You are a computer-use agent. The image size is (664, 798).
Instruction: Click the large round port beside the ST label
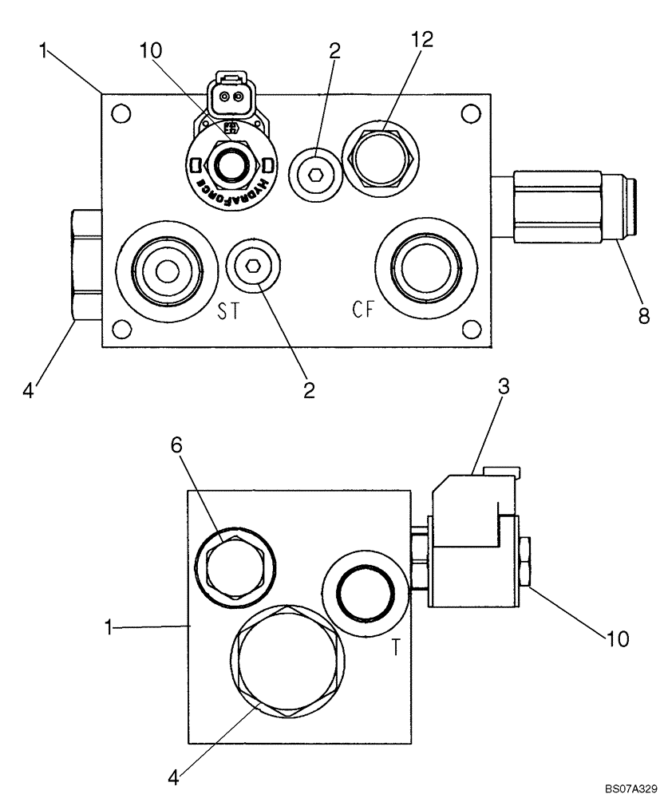coord(167,272)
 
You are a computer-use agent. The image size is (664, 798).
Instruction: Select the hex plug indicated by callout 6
coord(237,568)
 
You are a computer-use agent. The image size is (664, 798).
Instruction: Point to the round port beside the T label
coord(364,591)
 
